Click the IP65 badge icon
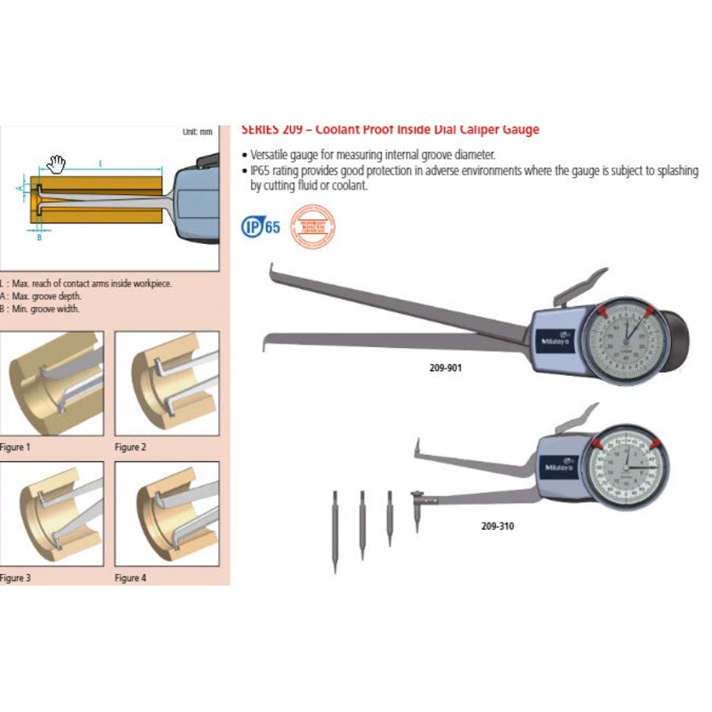point(261,225)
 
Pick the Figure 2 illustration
point(166,384)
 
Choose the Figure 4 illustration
point(166,514)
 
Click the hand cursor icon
point(58,163)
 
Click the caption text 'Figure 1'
point(14,447)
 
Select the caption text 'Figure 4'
point(130,578)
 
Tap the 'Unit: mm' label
point(198,131)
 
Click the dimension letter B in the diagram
point(39,238)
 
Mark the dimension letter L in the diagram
point(101,163)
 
